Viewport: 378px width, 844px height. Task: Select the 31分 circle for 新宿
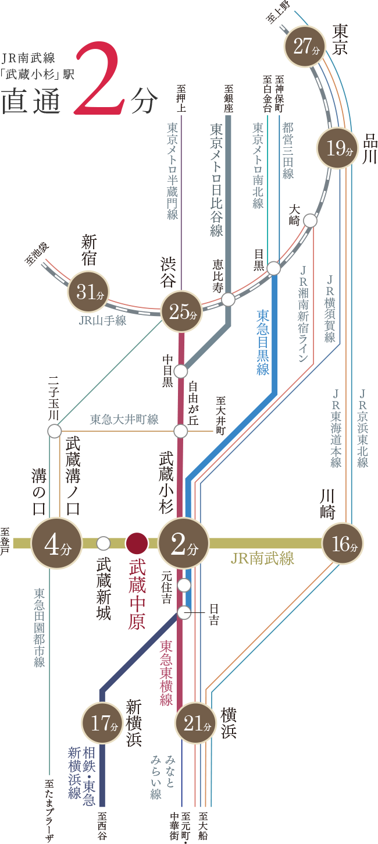coord(89,293)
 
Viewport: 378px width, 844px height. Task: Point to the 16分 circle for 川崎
coord(343,544)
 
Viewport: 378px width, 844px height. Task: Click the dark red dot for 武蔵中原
coord(137,543)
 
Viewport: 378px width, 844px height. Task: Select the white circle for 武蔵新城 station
coord(104,543)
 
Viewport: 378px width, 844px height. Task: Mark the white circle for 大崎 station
coord(310,221)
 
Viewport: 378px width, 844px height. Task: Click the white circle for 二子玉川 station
coord(55,431)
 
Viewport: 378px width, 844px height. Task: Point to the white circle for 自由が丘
coord(181,431)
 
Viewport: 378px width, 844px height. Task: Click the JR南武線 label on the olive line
coord(262,559)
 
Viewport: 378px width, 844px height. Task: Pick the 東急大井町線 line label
coord(124,419)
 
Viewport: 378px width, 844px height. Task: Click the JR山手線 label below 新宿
coord(103,320)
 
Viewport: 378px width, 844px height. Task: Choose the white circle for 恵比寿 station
coord(228,299)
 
